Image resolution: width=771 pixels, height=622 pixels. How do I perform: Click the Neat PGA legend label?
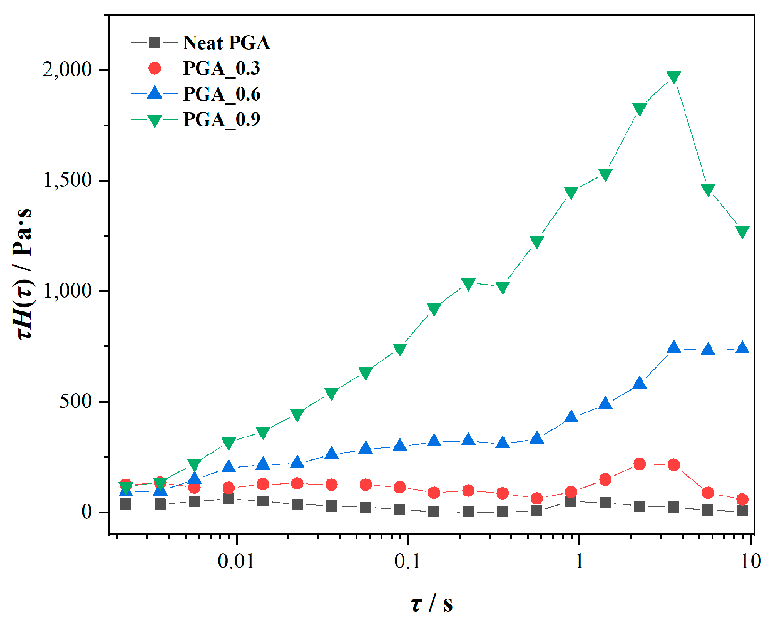pos(226,43)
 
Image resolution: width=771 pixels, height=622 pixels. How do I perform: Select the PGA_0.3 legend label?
pos(222,68)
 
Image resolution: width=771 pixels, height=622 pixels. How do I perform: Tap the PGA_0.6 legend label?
pos(222,94)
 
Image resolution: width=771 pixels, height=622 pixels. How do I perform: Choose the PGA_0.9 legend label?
pos(222,119)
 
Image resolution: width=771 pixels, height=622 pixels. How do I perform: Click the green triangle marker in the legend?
pos(154,120)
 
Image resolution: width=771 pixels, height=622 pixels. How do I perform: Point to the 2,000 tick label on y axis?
pos(67,70)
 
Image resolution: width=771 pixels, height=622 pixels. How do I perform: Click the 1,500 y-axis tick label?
pos(67,180)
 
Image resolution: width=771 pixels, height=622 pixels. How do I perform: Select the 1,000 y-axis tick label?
pos(67,291)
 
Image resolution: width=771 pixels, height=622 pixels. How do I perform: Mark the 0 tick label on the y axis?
pos(86,512)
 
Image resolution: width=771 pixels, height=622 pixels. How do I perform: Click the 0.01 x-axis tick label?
pos(236,561)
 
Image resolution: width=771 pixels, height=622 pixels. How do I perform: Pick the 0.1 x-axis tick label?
pos(407,561)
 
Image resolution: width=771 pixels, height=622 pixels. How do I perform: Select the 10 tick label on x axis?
pos(750,561)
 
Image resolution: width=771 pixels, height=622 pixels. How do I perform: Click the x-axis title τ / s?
pos(432,604)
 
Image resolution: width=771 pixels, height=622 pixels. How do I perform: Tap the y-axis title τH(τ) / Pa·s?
pos(24,274)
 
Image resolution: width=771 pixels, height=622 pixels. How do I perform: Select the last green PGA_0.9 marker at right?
pos(742,232)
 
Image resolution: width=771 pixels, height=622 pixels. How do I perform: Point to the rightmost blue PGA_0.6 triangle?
pos(742,348)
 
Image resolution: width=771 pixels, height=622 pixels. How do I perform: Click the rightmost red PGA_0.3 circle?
pos(742,499)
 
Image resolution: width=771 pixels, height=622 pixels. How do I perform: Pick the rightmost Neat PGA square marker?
pos(742,511)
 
